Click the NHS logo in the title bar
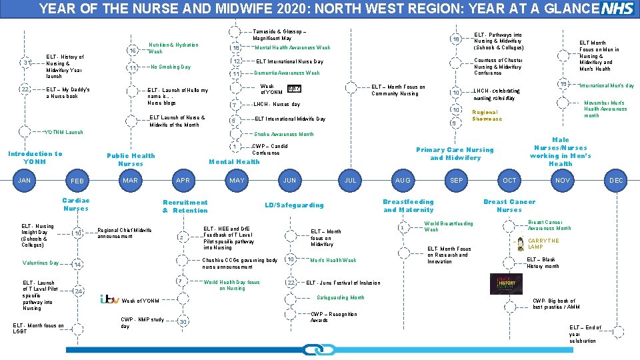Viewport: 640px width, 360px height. click(618, 9)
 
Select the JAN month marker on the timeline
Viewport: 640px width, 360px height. click(25, 180)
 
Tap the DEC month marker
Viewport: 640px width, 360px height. click(616, 180)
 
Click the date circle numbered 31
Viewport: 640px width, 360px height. click(25, 63)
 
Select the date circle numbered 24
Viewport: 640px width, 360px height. click(78, 291)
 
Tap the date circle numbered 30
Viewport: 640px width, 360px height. click(182, 322)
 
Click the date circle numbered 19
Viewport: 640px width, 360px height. click(563, 84)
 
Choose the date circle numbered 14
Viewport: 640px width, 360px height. click(78, 265)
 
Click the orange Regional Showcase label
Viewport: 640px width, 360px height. click(487, 115)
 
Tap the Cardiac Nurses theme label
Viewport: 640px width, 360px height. click(75, 205)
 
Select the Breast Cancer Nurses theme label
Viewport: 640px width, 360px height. click(509, 205)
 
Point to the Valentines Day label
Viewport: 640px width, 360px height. click(41, 263)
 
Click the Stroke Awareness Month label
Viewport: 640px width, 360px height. click(284, 134)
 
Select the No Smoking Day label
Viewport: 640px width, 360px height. click(171, 67)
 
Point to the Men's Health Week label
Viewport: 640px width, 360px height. click(333, 260)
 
